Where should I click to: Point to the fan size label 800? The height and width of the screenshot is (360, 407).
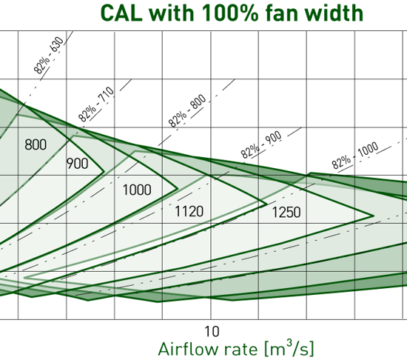36,144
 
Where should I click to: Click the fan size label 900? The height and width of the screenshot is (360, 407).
78,164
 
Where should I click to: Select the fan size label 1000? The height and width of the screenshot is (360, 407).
137,190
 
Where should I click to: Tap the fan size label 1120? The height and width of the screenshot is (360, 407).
189,212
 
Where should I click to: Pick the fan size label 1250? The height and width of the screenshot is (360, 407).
286,213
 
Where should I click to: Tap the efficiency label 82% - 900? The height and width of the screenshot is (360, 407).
261,145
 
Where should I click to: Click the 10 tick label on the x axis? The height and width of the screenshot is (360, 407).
211,330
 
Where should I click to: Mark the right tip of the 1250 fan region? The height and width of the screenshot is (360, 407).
374,216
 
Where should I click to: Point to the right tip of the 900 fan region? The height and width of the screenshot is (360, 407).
104,172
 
